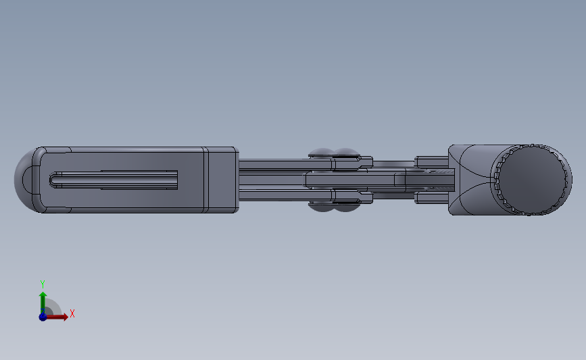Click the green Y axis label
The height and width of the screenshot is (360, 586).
pyautogui.click(x=42, y=284)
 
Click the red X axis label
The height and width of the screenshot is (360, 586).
pyautogui.click(x=72, y=313)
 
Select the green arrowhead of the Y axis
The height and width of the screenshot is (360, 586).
pyautogui.click(x=43, y=295)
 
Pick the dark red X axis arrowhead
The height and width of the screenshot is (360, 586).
pyautogui.click(x=65, y=317)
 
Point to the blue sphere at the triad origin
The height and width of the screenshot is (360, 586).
pyautogui.click(x=43, y=317)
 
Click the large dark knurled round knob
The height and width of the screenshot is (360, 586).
pyautogui.click(x=531, y=180)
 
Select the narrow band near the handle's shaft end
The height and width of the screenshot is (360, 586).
pyautogui.click(x=205, y=180)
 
